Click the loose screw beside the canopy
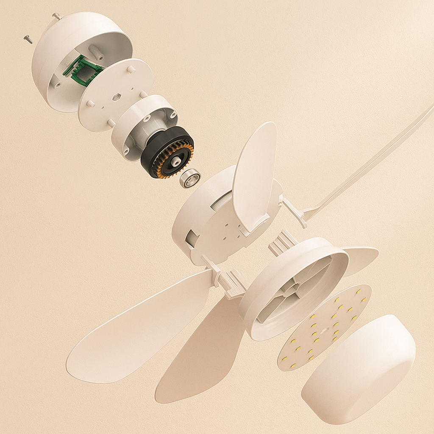pos(28,39)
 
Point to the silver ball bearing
pos(189,178)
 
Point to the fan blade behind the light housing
pos(360,259)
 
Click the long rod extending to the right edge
pos(373,161)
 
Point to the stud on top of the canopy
pos(55,16)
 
